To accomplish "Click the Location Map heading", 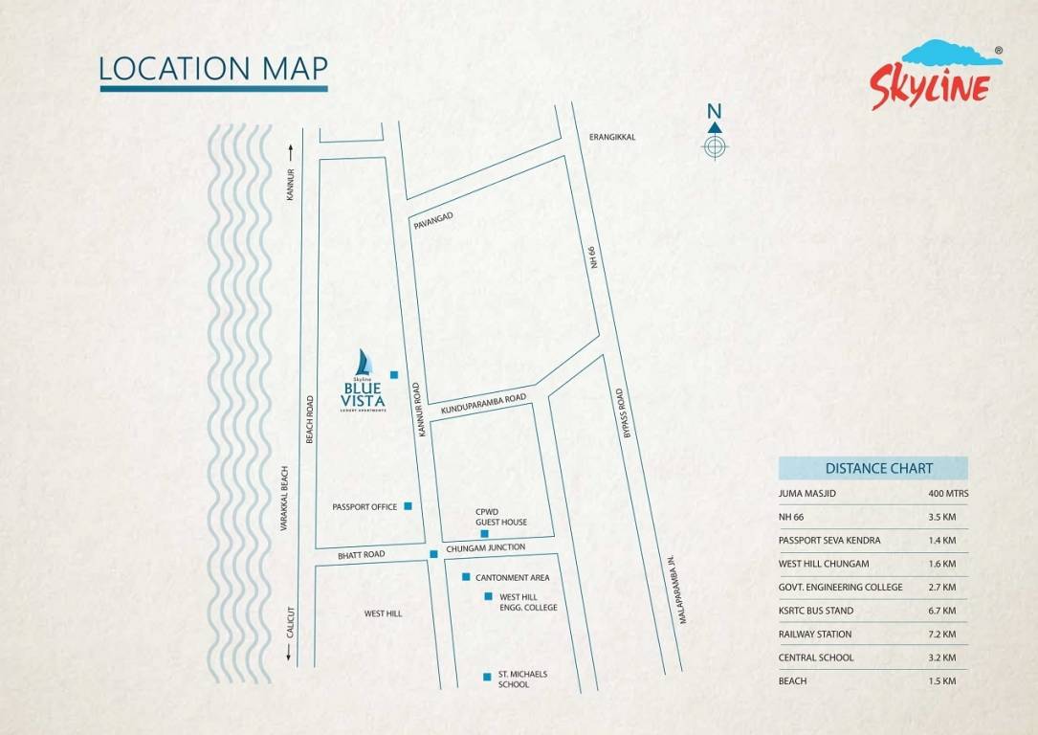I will coord(213,69).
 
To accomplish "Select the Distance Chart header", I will coord(872,468).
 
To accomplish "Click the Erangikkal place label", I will coord(612,137).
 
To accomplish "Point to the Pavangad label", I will coord(432,221).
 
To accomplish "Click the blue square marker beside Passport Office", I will coord(408,505).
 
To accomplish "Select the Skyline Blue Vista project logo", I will coord(364,383).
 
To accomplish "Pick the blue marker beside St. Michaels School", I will coord(487,678).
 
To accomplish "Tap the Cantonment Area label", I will coord(512,577).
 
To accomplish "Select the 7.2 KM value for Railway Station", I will coord(941,635).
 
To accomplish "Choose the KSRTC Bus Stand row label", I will coord(815,611).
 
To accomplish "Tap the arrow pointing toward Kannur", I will coord(288,151).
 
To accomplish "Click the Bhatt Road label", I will coord(361,555).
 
